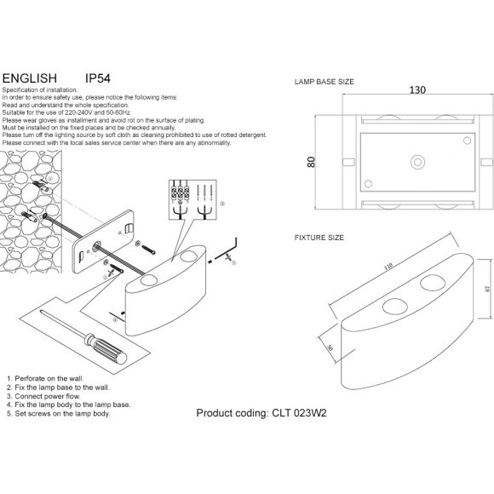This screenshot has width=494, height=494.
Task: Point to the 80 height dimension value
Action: click(311, 162)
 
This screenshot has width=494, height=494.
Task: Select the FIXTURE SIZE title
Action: click(319, 238)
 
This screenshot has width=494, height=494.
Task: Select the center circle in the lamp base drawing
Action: click(416, 161)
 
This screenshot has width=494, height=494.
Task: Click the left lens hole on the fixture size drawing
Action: click(393, 307)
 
